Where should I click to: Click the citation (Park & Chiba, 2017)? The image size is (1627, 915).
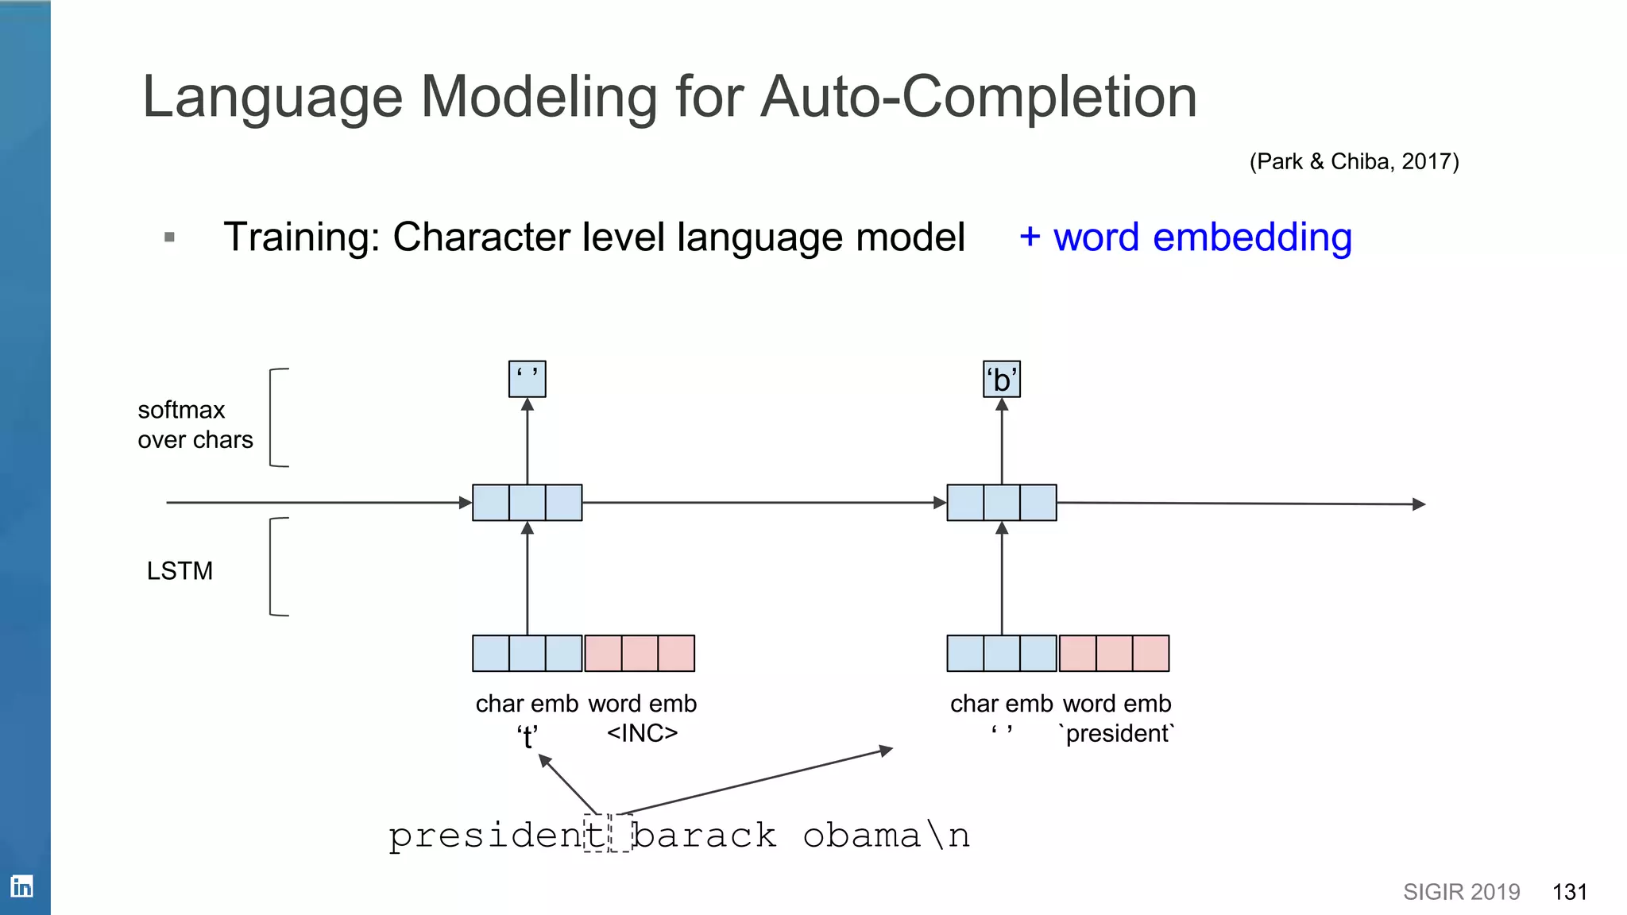[x=1354, y=161]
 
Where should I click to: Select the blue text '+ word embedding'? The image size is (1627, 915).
[x=1185, y=237]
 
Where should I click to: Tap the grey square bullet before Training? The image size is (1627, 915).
[x=169, y=237]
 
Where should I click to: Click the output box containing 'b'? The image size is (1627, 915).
[x=1002, y=380]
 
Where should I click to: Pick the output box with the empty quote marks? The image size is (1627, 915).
[x=528, y=379]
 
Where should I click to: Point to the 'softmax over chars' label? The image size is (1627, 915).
[x=195, y=424]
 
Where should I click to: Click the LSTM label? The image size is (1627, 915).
[x=180, y=570]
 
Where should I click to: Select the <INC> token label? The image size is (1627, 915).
[x=642, y=732]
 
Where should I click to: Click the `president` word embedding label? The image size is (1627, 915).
[x=1117, y=732]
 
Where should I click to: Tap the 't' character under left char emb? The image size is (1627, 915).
[x=528, y=736]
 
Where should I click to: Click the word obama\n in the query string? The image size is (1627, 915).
[x=886, y=836]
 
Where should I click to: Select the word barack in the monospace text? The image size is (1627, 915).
[x=704, y=836]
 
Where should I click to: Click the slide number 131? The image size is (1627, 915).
[x=1569, y=892]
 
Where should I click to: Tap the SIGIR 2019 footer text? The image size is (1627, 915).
[x=1461, y=892]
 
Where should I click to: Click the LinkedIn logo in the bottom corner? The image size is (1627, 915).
[x=21, y=886]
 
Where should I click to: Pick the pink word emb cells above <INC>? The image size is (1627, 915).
[x=640, y=653]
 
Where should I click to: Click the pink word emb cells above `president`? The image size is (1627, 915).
[x=1114, y=653]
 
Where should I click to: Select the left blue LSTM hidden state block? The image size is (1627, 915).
[x=528, y=503]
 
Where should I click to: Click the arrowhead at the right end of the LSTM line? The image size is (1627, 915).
[x=1419, y=504]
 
